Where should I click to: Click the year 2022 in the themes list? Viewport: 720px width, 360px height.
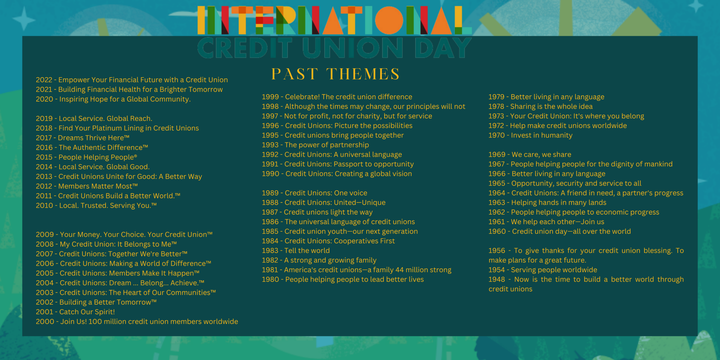point(44,80)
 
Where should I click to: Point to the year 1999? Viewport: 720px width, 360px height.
point(270,97)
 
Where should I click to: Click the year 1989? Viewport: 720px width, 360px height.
point(270,193)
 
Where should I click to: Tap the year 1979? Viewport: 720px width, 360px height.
point(496,97)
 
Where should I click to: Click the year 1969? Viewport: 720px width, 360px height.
point(497,154)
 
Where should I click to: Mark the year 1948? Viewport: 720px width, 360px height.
point(497,279)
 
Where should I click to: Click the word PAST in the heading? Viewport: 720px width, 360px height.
point(295,74)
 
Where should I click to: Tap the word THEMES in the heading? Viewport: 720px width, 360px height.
point(363,74)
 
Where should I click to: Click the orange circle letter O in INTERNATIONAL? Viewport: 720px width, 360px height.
point(389,20)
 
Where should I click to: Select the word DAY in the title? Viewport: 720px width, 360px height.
point(443,48)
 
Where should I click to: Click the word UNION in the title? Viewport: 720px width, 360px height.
point(353,48)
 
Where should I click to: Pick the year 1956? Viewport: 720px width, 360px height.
point(497,251)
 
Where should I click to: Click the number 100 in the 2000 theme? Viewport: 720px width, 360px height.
point(95,322)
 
